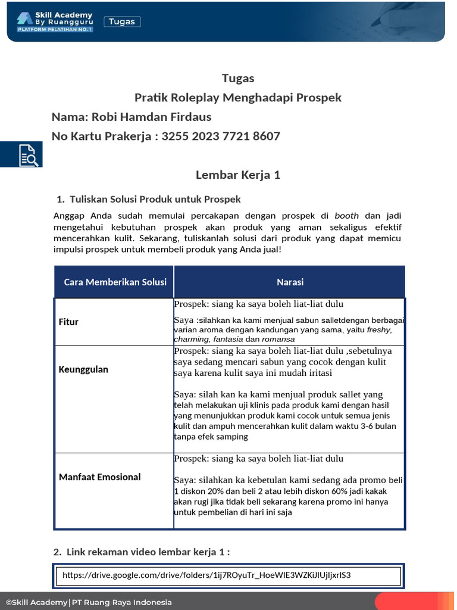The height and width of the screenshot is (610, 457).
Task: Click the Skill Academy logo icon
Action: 25,18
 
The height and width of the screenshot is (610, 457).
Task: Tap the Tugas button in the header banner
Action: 122,22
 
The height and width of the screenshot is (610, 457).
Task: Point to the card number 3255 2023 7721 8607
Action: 221,136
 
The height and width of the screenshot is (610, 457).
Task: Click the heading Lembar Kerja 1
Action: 238,175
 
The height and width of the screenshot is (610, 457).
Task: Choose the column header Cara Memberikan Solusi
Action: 115,282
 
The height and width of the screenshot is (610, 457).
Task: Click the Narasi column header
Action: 290,282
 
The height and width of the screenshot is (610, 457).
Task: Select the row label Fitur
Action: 68,322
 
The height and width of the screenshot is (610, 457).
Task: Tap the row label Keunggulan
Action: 83,369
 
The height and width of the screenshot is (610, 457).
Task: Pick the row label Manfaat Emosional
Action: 99,477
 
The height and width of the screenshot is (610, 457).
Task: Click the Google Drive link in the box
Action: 206,575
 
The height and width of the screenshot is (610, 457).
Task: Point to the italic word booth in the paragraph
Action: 346,216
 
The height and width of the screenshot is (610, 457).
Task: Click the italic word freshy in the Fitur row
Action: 380,330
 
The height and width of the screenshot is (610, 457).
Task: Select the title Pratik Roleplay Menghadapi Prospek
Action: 238,98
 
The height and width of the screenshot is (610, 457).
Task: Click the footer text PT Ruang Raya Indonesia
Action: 122,602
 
